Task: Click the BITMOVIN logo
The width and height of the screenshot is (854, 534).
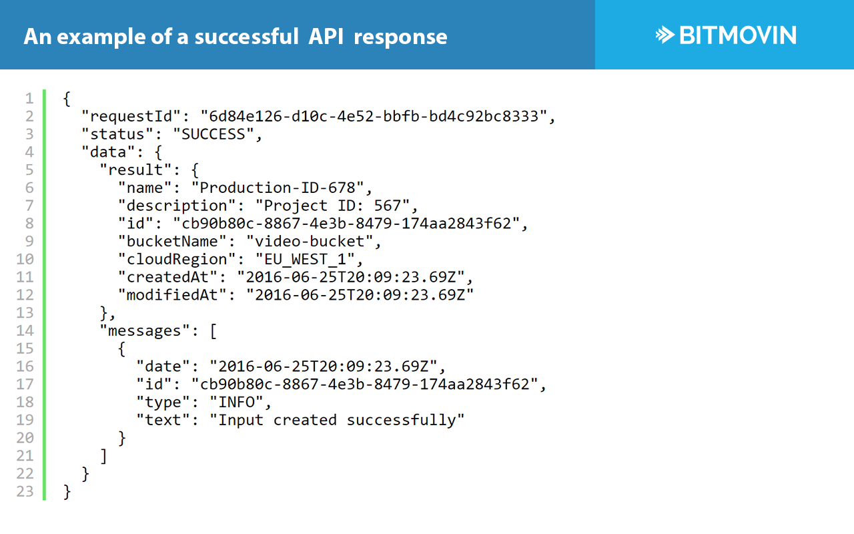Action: point(726,35)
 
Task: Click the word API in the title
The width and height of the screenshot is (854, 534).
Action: point(326,36)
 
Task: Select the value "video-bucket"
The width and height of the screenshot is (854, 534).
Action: point(314,241)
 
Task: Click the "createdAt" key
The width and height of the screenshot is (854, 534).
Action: point(173,277)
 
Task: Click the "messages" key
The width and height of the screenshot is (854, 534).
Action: point(145,330)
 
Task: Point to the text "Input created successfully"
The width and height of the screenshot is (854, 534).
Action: point(337,420)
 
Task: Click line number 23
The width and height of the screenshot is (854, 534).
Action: point(25,491)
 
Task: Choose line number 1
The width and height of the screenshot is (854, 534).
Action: point(29,99)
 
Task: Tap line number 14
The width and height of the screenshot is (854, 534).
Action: point(25,330)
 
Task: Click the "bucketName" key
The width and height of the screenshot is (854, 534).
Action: point(177,241)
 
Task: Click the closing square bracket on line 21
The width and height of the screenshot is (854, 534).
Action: point(103,456)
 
